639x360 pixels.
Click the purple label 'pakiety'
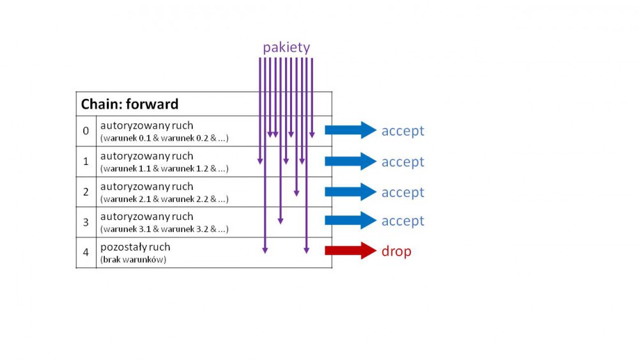[286, 47]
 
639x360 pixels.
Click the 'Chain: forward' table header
[130, 104]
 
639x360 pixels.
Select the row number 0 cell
[86, 131]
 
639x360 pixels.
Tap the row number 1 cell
[86, 162]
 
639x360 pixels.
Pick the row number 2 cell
[86, 192]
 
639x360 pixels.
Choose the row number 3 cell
[86, 222]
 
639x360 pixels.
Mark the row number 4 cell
[86, 252]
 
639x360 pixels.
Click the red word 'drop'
[396, 251]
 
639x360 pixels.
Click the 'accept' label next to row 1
[403, 162]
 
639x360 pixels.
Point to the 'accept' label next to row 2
[403, 192]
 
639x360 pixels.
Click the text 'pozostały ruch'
[135, 247]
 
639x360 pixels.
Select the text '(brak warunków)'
[133, 260]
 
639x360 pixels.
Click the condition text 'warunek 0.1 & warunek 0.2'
[164, 138]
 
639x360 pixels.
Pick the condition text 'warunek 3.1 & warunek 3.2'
[164, 229]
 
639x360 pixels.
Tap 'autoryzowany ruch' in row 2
[146, 187]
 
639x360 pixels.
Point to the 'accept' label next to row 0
[403, 131]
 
